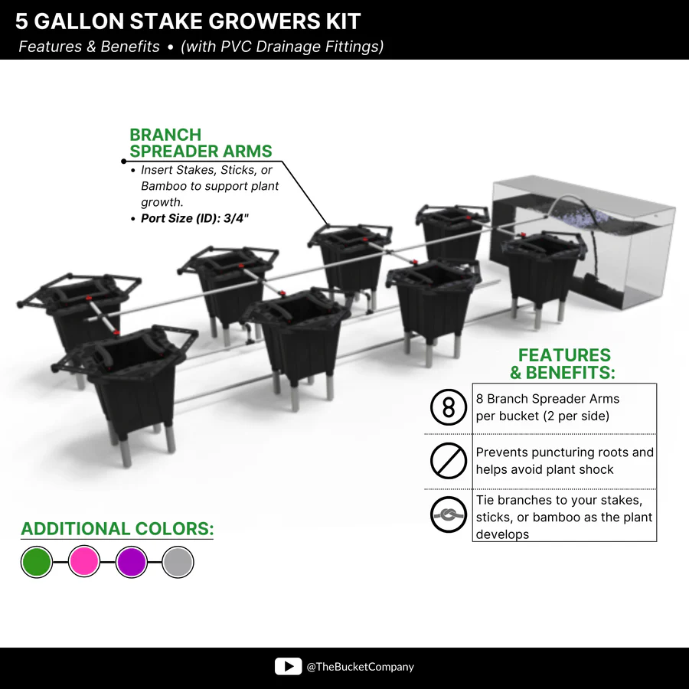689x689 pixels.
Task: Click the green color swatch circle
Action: [x=37, y=562]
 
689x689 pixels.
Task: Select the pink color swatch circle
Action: [x=84, y=561]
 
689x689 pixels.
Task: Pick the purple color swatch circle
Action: [x=132, y=562]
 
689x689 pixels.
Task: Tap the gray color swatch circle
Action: [x=178, y=562]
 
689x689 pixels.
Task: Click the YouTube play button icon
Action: [x=289, y=667]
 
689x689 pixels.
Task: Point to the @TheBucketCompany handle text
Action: [x=361, y=667]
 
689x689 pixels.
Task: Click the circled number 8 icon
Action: [x=448, y=407]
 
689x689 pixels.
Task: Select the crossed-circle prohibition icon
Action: [x=448, y=461]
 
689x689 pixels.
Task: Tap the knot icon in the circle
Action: [x=448, y=514]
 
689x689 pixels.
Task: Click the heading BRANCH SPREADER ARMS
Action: [x=201, y=143]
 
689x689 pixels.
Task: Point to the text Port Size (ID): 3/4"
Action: [x=194, y=218]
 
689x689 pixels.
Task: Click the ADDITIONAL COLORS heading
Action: [x=117, y=528]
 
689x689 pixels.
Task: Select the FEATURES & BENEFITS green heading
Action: [x=563, y=364]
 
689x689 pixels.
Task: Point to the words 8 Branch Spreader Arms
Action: [x=547, y=399]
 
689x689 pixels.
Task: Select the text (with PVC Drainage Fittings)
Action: [x=282, y=47]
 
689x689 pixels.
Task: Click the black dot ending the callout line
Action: [x=124, y=162]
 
